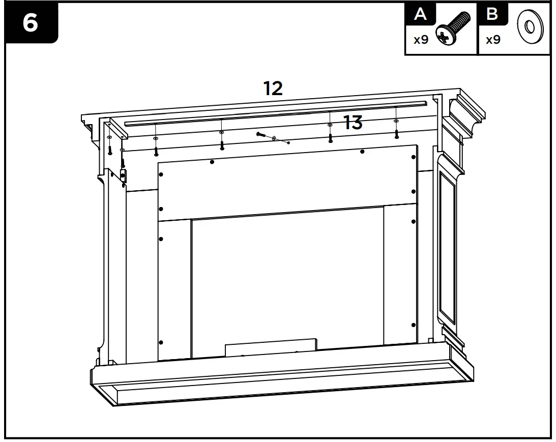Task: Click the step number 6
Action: (31, 23)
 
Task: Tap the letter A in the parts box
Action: (420, 14)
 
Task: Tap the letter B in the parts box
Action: (492, 14)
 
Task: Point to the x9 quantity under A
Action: (421, 40)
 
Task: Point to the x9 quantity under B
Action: (493, 40)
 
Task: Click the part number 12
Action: (273, 89)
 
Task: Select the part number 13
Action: (353, 123)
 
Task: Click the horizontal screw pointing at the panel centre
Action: (262, 135)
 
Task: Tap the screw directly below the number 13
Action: (331, 138)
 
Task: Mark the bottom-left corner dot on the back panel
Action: (161, 342)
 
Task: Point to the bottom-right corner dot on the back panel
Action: (414, 325)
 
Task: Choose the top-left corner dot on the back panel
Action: (161, 174)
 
